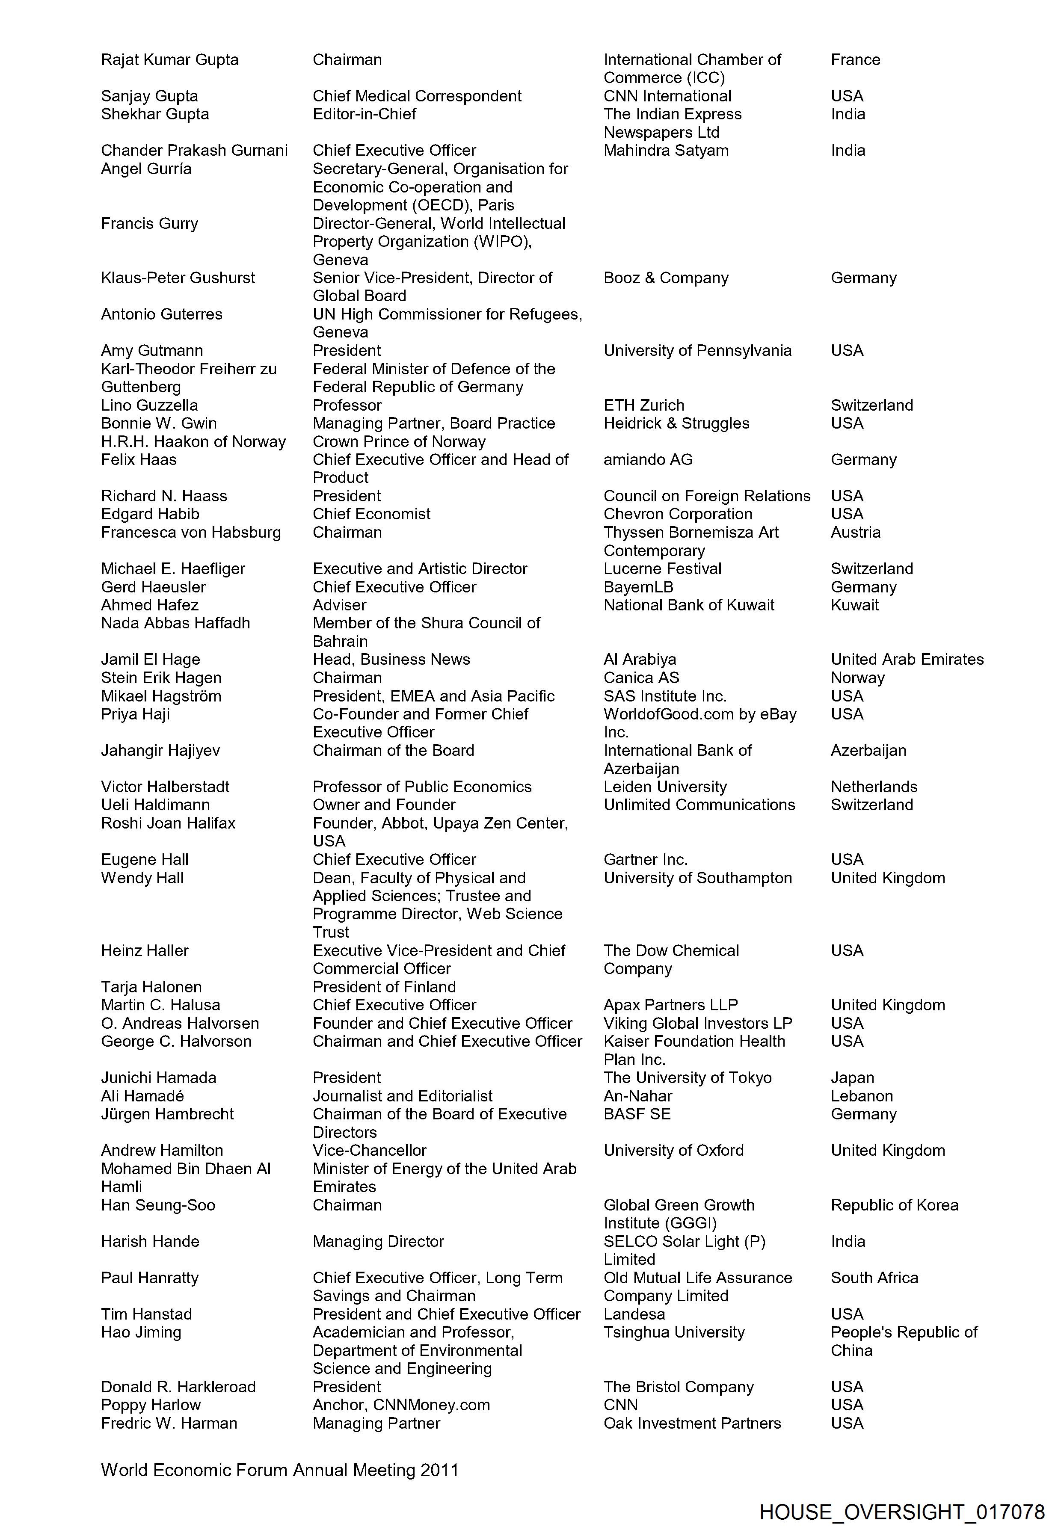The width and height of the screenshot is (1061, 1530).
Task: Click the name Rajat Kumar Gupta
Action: [x=169, y=60]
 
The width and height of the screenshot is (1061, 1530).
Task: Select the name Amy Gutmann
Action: [x=151, y=350]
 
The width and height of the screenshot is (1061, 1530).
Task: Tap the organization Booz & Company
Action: [x=665, y=278]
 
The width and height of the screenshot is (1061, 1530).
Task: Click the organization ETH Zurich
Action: [x=643, y=405]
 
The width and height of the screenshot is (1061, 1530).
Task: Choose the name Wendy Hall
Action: [x=142, y=878]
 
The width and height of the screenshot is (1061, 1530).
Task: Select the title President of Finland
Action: [x=384, y=987]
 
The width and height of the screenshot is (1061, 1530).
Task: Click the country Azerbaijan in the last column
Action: [x=868, y=750]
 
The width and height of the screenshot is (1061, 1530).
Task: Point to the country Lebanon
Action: [x=862, y=1096]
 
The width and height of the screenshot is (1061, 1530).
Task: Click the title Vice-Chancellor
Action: [x=370, y=1151]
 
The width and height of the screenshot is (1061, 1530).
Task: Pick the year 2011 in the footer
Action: [x=439, y=1470]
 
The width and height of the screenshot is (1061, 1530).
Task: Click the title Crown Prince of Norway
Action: [x=399, y=441]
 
